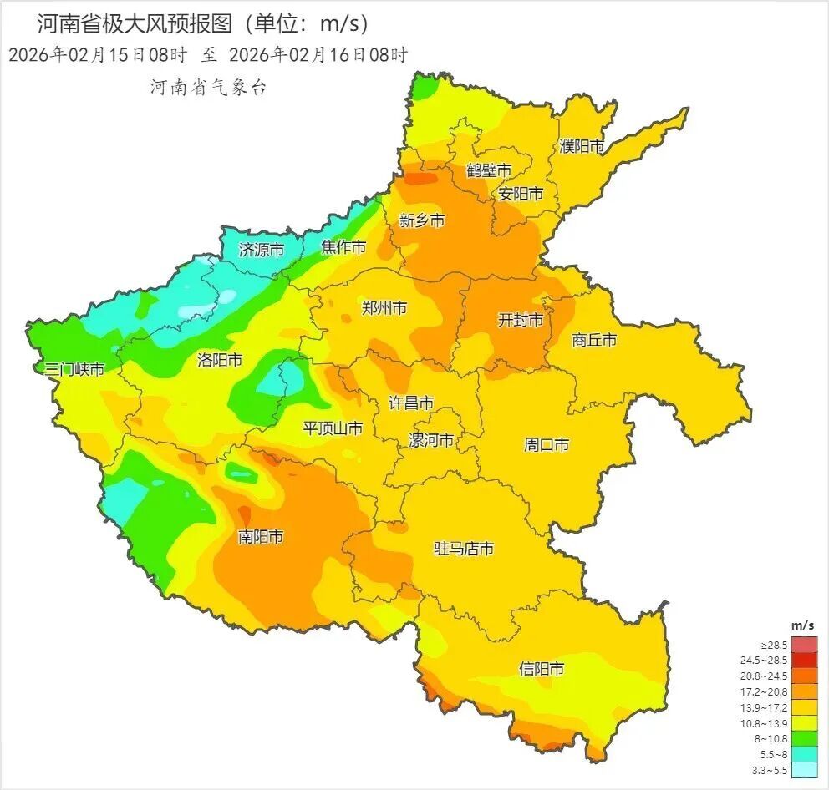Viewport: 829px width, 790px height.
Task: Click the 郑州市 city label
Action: pyautogui.click(x=384, y=308)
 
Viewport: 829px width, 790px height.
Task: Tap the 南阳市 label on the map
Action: pyautogui.click(x=261, y=537)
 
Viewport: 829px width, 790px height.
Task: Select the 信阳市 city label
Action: pyautogui.click(x=542, y=669)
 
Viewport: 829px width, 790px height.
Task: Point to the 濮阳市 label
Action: pyautogui.click(x=582, y=147)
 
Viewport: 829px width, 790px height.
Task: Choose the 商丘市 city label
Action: pyautogui.click(x=594, y=340)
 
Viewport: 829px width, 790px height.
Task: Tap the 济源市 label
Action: pyautogui.click(x=261, y=249)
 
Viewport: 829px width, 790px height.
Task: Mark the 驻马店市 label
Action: pyautogui.click(x=463, y=549)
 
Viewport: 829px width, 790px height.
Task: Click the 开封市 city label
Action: pyautogui.click(x=521, y=320)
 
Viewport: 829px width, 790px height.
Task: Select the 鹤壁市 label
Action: pyautogui.click(x=489, y=170)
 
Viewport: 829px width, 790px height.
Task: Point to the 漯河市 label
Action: pyautogui.click(x=431, y=440)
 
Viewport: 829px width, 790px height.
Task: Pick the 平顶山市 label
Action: pyautogui.click(x=333, y=428)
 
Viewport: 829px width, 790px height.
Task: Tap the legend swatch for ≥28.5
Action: pyautogui.click(x=804, y=645)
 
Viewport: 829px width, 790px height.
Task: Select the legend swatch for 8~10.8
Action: pyautogui.click(x=804, y=737)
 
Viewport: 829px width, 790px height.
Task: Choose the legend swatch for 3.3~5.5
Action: pyautogui.click(x=804, y=769)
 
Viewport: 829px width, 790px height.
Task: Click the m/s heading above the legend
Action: pyautogui.click(x=802, y=625)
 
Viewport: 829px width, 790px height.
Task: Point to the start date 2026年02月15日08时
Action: pyautogui.click(x=98, y=56)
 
